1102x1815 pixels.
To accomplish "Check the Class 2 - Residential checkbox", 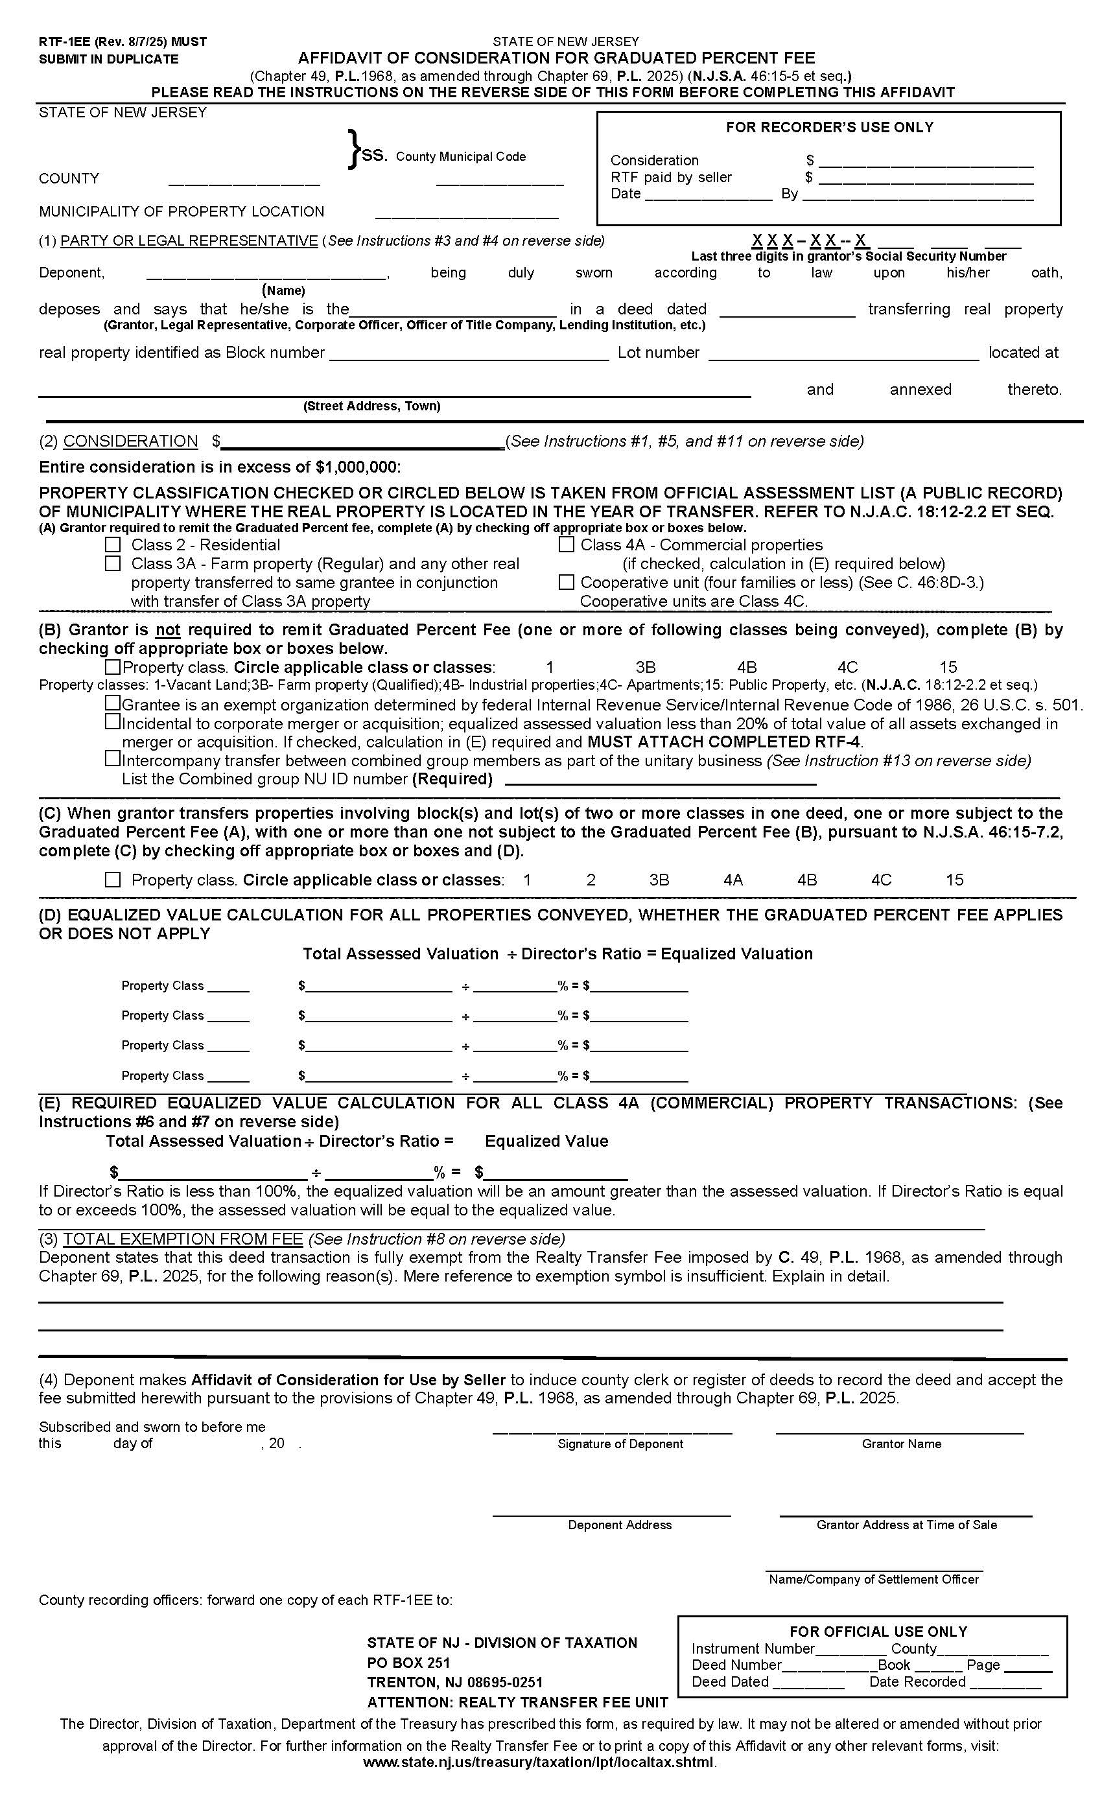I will pyautogui.click(x=113, y=545).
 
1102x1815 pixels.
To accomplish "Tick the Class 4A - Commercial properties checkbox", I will pyautogui.click(x=566, y=545).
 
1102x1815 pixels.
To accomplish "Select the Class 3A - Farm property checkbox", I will pyautogui.click(x=113, y=563).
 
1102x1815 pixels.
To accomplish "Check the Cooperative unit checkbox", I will pyautogui.click(x=566, y=583).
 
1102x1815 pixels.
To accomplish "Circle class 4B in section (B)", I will pyautogui.click(x=747, y=668).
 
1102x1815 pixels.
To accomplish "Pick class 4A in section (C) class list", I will pyautogui.click(x=733, y=880).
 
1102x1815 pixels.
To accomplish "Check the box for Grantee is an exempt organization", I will pyautogui.click(x=113, y=703).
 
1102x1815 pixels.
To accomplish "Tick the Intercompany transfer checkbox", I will pyautogui.click(x=113, y=758).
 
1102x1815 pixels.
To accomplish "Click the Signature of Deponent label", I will pyautogui.click(x=620, y=1444).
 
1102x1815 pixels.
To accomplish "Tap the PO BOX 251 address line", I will pyautogui.click(x=408, y=1663).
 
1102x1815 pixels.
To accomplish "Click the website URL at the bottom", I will pyautogui.click(x=539, y=1762).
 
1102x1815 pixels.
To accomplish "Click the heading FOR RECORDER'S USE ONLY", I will pyautogui.click(x=830, y=128).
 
